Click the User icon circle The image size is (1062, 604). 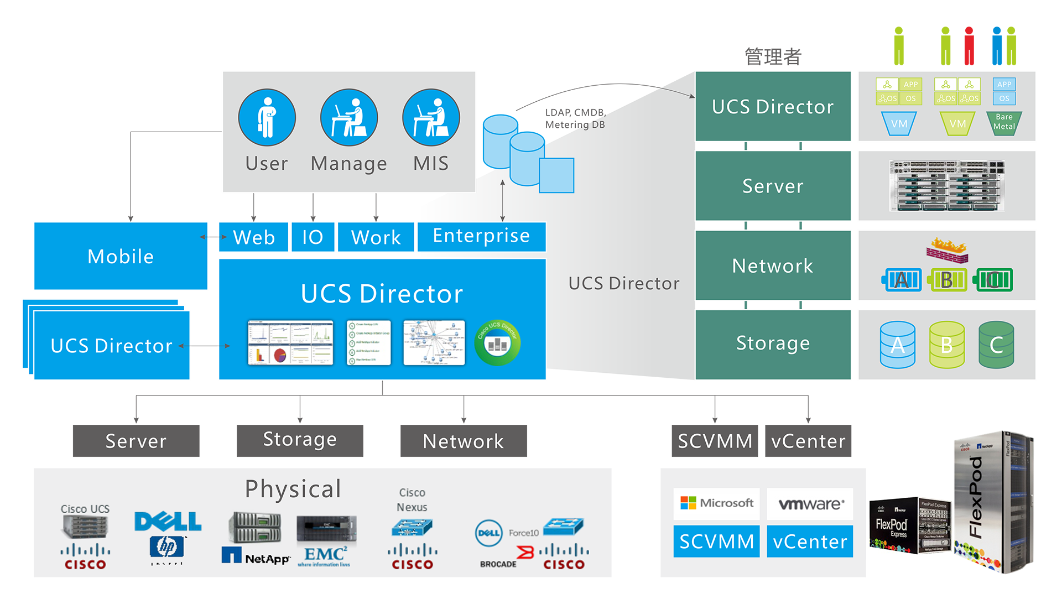[x=267, y=117]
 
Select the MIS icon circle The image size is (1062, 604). [x=431, y=117]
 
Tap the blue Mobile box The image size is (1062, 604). [x=121, y=256]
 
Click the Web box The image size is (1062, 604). [x=253, y=237]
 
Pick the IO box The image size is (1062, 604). [x=313, y=237]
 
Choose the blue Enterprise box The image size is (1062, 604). [x=481, y=236]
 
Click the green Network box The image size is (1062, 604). [x=773, y=265]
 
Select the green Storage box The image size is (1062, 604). [x=773, y=343]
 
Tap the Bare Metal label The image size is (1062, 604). [x=1004, y=122]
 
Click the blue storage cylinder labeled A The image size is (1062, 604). [x=897, y=345]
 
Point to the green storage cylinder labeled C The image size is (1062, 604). [x=996, y=345]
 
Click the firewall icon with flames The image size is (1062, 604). [x=948, y=250]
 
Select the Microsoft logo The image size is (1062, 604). [x=717, y=503]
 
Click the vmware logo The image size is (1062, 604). [x=810, y=504]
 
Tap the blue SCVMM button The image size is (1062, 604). [x=717, y=541]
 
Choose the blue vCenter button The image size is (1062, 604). [x=810, y=541]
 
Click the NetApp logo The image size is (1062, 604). [x=256, y=556]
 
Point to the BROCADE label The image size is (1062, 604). [x=498, y=564]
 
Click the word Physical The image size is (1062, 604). [x=293, y=489]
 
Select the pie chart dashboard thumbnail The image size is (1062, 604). [x=290, y=343]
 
